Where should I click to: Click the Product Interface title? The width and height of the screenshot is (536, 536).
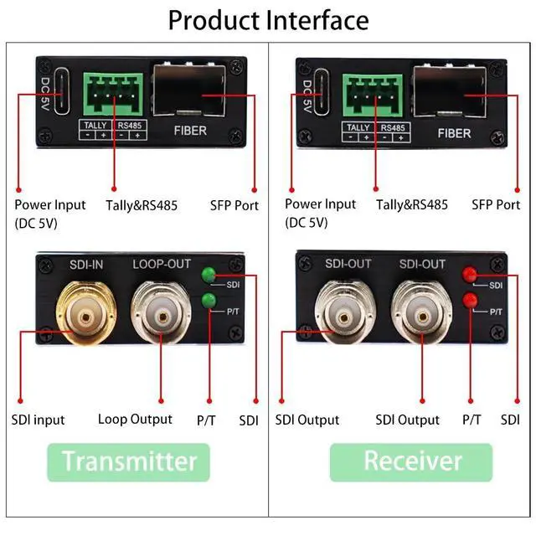(268, 19)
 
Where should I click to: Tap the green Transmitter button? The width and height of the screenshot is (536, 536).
(130, 461)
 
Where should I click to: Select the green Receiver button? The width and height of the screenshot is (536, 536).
(411, 461)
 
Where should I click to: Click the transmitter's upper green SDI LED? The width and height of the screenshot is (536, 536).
(208, 274)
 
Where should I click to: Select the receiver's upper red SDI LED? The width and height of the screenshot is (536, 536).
(471, 274)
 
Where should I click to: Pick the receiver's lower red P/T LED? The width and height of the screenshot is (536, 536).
(471, 301)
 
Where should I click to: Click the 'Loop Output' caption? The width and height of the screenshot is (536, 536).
(135, 419)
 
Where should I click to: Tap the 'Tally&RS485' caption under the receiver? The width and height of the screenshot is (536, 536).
(412, 204)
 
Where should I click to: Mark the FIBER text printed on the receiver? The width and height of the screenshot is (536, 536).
(454, 132)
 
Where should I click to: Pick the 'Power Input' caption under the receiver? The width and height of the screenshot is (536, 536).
(321, 204)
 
